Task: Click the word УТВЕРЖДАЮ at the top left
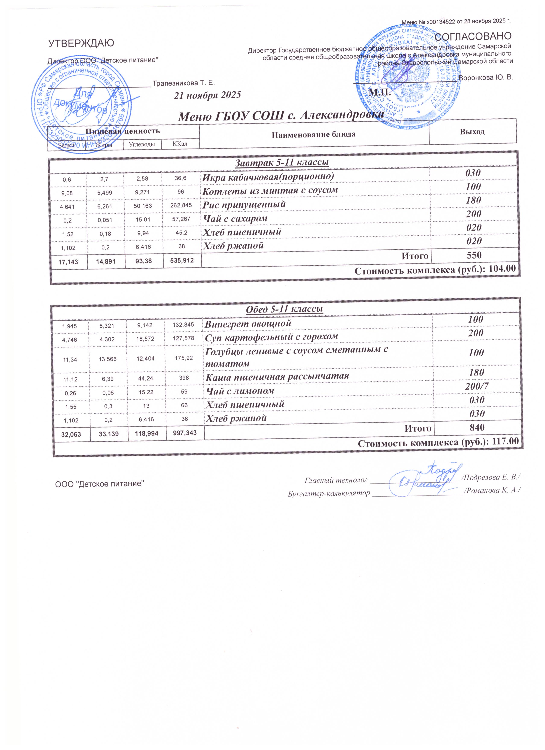(81, 43)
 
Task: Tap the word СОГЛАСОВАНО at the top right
(473, 36)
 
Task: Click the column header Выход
(472, 132)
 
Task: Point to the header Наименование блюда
(314, 135)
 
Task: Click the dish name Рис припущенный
(244, 204)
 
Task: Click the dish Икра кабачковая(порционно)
(268, 176)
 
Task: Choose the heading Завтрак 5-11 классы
(282, 162)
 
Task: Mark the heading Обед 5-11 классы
(284, 309)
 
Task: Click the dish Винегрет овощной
(248, 324)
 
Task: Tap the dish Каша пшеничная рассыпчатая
(277, 376)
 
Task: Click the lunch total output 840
(477, 428)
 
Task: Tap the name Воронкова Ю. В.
(486, 77)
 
